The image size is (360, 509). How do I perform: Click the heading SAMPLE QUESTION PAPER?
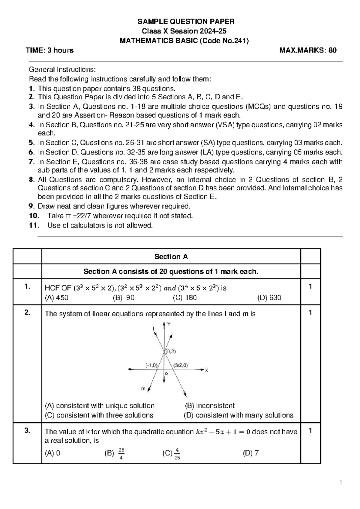point(186,22)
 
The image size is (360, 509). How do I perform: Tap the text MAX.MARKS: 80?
point(308,50)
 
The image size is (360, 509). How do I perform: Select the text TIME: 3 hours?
point(50,50)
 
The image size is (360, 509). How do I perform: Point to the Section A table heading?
point(171,257)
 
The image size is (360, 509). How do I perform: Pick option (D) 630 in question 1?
point(269,298)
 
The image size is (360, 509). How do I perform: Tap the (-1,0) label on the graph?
point(151,365)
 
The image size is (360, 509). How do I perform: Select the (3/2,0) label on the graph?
point(180,365)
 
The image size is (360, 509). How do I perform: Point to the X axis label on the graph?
point(206,371)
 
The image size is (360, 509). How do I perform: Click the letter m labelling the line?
point(143,389)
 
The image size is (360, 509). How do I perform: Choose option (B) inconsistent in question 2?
point(210,406)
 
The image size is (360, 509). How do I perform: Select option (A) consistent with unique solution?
point(100,406)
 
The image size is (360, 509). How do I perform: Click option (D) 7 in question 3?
point(250,453)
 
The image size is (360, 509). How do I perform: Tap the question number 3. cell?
point(28,431)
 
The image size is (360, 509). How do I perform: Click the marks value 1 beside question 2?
point(310,313)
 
